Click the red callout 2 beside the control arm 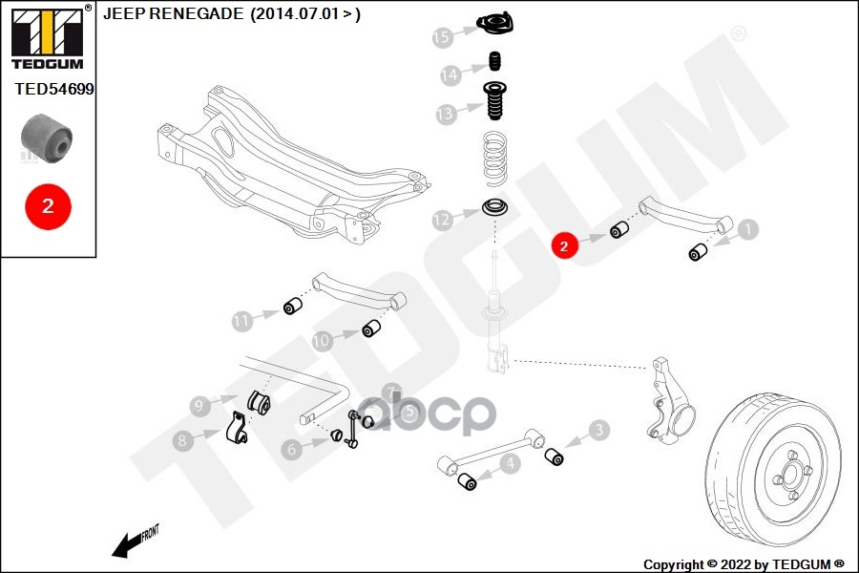564,245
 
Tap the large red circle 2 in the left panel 47,204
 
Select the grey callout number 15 441,37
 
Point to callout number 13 446,115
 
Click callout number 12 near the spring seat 441,221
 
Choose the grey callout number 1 747,229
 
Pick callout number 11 242,321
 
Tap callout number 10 322,339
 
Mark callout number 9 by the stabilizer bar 199,406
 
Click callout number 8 181,440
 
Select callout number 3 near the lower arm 598,431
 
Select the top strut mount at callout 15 494,26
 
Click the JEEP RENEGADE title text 231,14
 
